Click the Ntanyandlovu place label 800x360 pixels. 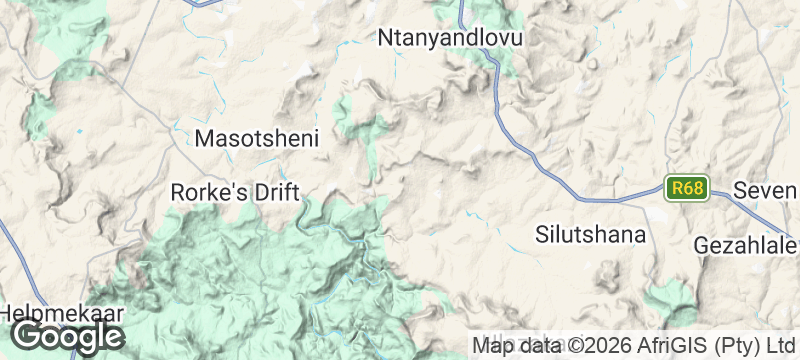pyautogui.click(x=452, y=38)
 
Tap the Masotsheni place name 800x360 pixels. pyautogui.click(x=257, y=139)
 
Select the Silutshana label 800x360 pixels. pyautogui.click(x=591, y=235)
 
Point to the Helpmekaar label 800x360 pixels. pyautogui.click(x=62, y=313)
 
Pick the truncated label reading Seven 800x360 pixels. pyautogui.click(x=763, y=190)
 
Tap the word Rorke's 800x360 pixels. pyautogui.click(x=208, y=191)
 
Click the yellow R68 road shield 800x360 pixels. pyautogui.click(x=687, y=188)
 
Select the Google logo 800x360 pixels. pyautogui.click(x=67, y=335)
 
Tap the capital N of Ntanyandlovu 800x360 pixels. pyautogui.click(x=386, y=38)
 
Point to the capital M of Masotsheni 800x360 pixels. pyautogui.click(x=203, y=139)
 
